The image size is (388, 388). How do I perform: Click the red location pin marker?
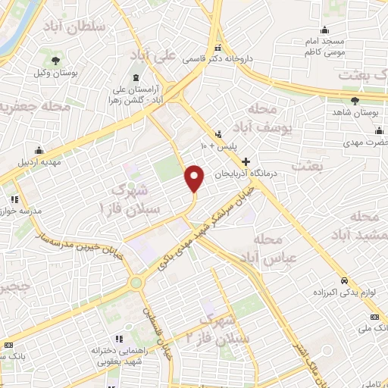point(195,179)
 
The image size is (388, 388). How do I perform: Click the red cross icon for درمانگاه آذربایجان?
point(246,161)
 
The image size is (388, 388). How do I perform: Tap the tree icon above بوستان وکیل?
point(55,60)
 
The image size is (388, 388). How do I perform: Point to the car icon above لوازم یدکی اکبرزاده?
point(343,278)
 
